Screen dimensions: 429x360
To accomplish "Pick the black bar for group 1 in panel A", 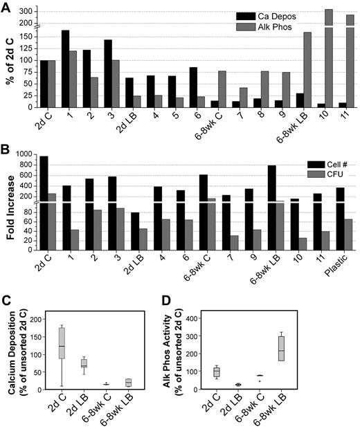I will pyautogui.click(x=65, y=69).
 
